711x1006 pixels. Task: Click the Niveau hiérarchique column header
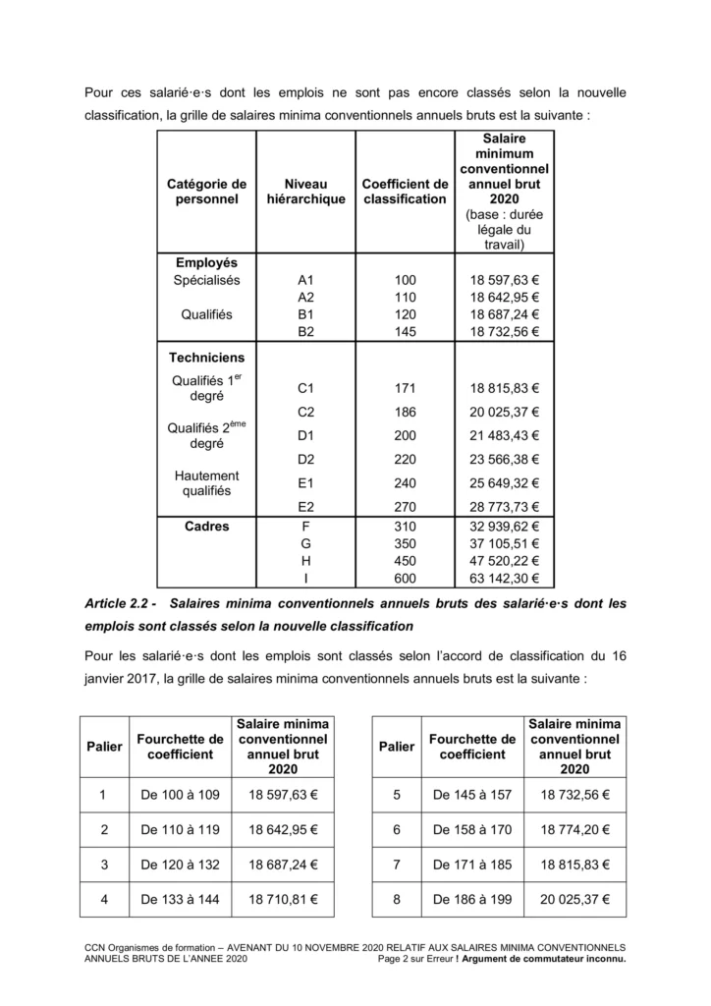[x=305, y=191]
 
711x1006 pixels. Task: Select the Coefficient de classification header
[x=405, y=191]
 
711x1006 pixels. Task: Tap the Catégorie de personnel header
[x=206, y=191]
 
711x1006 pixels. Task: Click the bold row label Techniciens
[x=206, y=358]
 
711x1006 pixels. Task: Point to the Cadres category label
[x=206, y=527]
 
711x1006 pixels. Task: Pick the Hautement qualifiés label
[x=206, y=482]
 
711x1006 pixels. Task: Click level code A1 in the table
[x=305, y=279]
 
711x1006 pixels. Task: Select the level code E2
[x=305, y=507]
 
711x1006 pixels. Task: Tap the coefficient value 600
[x=405, y=579]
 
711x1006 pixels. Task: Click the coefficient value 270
[x=405, y=507]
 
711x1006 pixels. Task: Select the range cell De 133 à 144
[x=180, y=898]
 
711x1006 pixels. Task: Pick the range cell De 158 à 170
[x=472, y=829]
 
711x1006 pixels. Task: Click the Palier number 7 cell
[x=397, y=864]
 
